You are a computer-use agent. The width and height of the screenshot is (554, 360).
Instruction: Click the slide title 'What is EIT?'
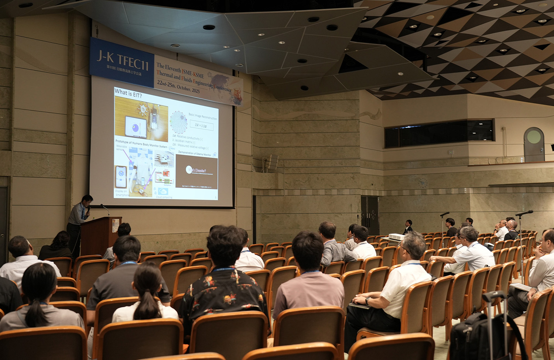[128, 92]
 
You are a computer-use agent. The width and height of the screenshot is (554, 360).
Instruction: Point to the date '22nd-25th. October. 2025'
[178, 86]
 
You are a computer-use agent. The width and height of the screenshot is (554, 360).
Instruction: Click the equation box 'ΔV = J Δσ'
[201, 126]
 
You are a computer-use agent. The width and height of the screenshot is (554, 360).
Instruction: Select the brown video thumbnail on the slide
[196, 171]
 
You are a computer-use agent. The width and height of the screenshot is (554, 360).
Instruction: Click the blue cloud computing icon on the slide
[163, 192]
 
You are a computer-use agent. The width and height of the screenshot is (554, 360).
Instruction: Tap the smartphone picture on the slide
[121, 177]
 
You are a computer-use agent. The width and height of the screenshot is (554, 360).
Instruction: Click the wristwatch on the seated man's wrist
[368, 301]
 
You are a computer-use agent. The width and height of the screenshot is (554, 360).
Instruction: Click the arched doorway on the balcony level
[534, 145]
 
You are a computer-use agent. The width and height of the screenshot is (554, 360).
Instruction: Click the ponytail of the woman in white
[147, 305]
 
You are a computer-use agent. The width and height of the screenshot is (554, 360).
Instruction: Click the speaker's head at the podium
[87, 200]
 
